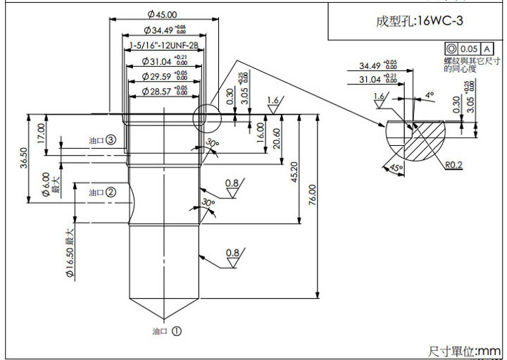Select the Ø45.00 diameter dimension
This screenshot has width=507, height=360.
coord(162,14)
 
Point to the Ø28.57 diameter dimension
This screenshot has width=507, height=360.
coord(163,92)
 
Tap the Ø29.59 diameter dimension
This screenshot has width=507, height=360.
coord(163,76)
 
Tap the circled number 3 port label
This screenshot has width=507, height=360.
coord(111,140)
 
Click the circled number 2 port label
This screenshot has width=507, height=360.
coord(111,192)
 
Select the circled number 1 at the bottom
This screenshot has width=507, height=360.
coord(176,330)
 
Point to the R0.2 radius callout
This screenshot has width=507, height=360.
coord(454,166)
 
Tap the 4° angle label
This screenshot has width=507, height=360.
coord(430,94)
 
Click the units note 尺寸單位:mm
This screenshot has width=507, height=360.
coord(465,350)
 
